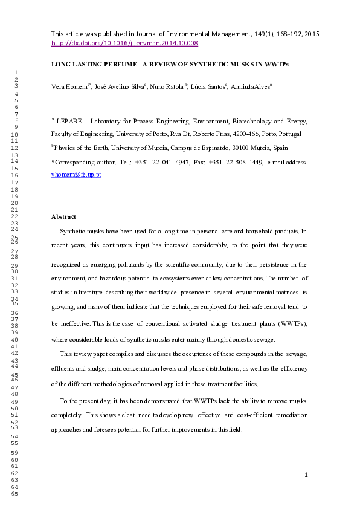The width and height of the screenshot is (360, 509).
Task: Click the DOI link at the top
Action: click(x=124, y=44)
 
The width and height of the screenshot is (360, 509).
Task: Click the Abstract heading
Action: click(x=63, y=216)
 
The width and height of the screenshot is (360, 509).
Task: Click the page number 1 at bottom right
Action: click(x=306, y=475)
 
